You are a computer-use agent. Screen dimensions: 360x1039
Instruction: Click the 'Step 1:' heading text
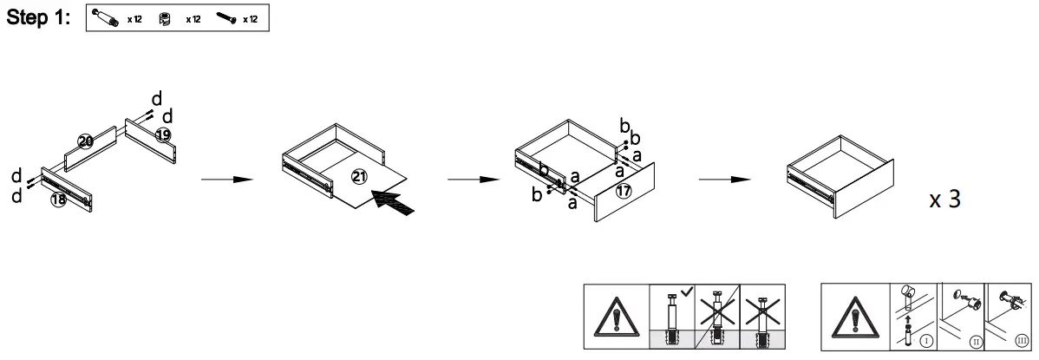tap(38, 19)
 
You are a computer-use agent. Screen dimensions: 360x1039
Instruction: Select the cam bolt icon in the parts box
tap(108, 19)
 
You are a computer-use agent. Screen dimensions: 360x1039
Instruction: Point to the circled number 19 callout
tap(163, 134)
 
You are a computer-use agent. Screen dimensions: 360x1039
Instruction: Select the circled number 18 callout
tap(58, 199)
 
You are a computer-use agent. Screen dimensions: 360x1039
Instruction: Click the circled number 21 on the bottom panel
tap(358, 176)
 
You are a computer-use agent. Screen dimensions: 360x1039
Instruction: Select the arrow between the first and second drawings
tap(226, 180)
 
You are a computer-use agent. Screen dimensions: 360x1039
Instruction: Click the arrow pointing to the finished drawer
tap(726, 180)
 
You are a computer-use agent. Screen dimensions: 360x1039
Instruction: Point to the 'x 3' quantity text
tap(944, 199)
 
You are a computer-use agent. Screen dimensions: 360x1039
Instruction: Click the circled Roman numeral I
tap(926, 342)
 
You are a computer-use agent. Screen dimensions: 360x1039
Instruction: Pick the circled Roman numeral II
tap(976, 342)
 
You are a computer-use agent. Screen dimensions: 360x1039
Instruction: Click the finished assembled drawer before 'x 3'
tap(837, 173)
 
